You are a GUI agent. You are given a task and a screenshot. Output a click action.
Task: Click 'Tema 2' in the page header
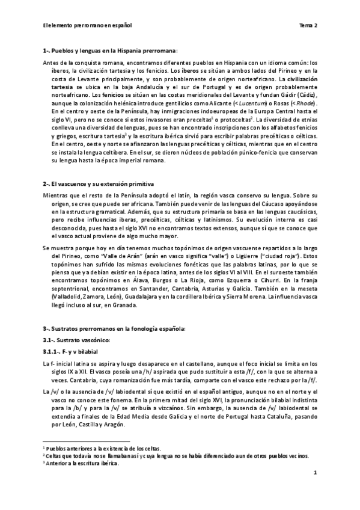pyautogui.click(x=308, y=25)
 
